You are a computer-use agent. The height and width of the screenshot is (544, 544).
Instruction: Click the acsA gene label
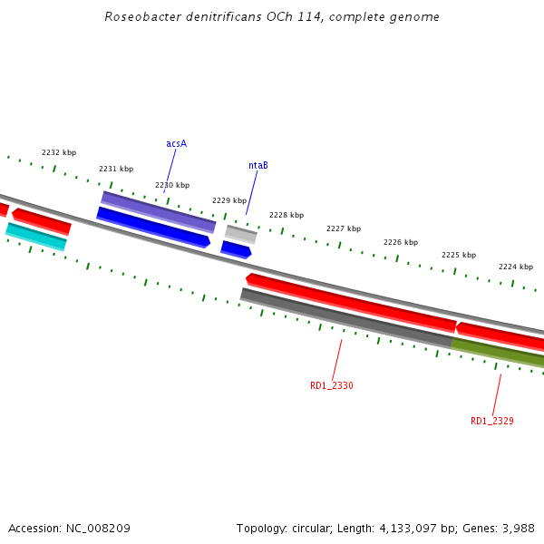(176, 143)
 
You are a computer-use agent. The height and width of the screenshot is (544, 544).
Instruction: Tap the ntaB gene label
(258, 165)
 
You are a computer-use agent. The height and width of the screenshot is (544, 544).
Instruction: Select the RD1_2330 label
(332, 385)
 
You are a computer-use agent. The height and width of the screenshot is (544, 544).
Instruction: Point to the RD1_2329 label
(492, 421)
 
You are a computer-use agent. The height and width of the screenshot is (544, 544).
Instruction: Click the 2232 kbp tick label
(59, 152)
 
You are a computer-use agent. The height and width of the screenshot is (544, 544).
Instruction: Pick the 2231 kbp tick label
(116, 169)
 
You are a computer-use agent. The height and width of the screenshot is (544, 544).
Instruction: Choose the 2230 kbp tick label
(172, 185)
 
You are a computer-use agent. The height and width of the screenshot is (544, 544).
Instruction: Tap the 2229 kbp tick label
(229, 200)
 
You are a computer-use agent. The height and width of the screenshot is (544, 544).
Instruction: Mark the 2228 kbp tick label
(287, 215)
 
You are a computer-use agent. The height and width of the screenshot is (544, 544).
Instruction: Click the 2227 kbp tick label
(344, 228)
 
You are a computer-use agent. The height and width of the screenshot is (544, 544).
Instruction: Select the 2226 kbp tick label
(401, 242)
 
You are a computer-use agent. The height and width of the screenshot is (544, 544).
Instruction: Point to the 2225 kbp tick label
(459, 255)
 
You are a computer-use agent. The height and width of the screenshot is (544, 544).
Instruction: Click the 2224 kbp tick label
(516, 267)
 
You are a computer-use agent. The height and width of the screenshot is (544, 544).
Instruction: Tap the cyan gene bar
(36, 236)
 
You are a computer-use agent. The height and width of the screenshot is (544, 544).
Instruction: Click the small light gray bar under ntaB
(241, 234)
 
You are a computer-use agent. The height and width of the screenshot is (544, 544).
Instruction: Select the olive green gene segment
(498, 352)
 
